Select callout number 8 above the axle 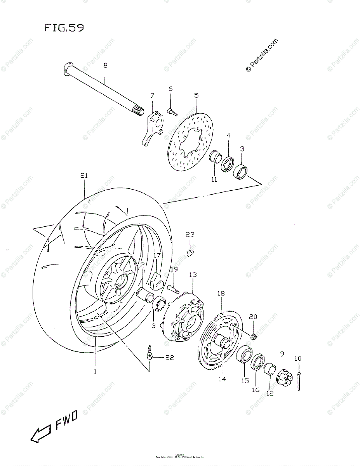coord(105,66)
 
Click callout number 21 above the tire coord(84,176)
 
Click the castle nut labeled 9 coord(283,376)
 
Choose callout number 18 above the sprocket coord(221,294)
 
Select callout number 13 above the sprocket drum coord(193,275)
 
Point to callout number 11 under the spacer coord(214,180)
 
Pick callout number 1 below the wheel coord(95,371)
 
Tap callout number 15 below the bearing coord(245,381)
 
